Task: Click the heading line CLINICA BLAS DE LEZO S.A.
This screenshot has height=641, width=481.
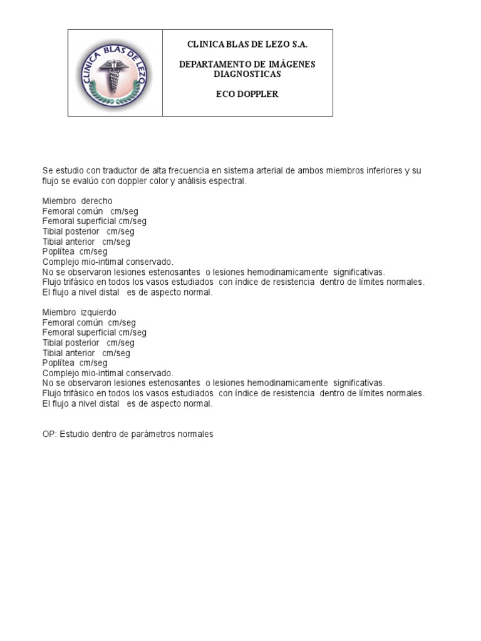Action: point(248,44)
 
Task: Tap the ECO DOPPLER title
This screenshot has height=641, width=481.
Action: point(247,95)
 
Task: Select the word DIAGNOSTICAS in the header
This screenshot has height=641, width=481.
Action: point(247,74)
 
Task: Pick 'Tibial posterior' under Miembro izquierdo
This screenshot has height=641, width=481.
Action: point(71,343)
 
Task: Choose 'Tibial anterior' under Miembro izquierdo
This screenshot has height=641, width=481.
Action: point(69,353)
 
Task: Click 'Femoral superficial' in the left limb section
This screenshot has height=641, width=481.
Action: point(79,333)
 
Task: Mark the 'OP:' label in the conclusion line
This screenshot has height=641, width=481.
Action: point(49,434)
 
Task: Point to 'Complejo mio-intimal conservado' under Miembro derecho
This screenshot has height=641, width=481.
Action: point(108,262)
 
